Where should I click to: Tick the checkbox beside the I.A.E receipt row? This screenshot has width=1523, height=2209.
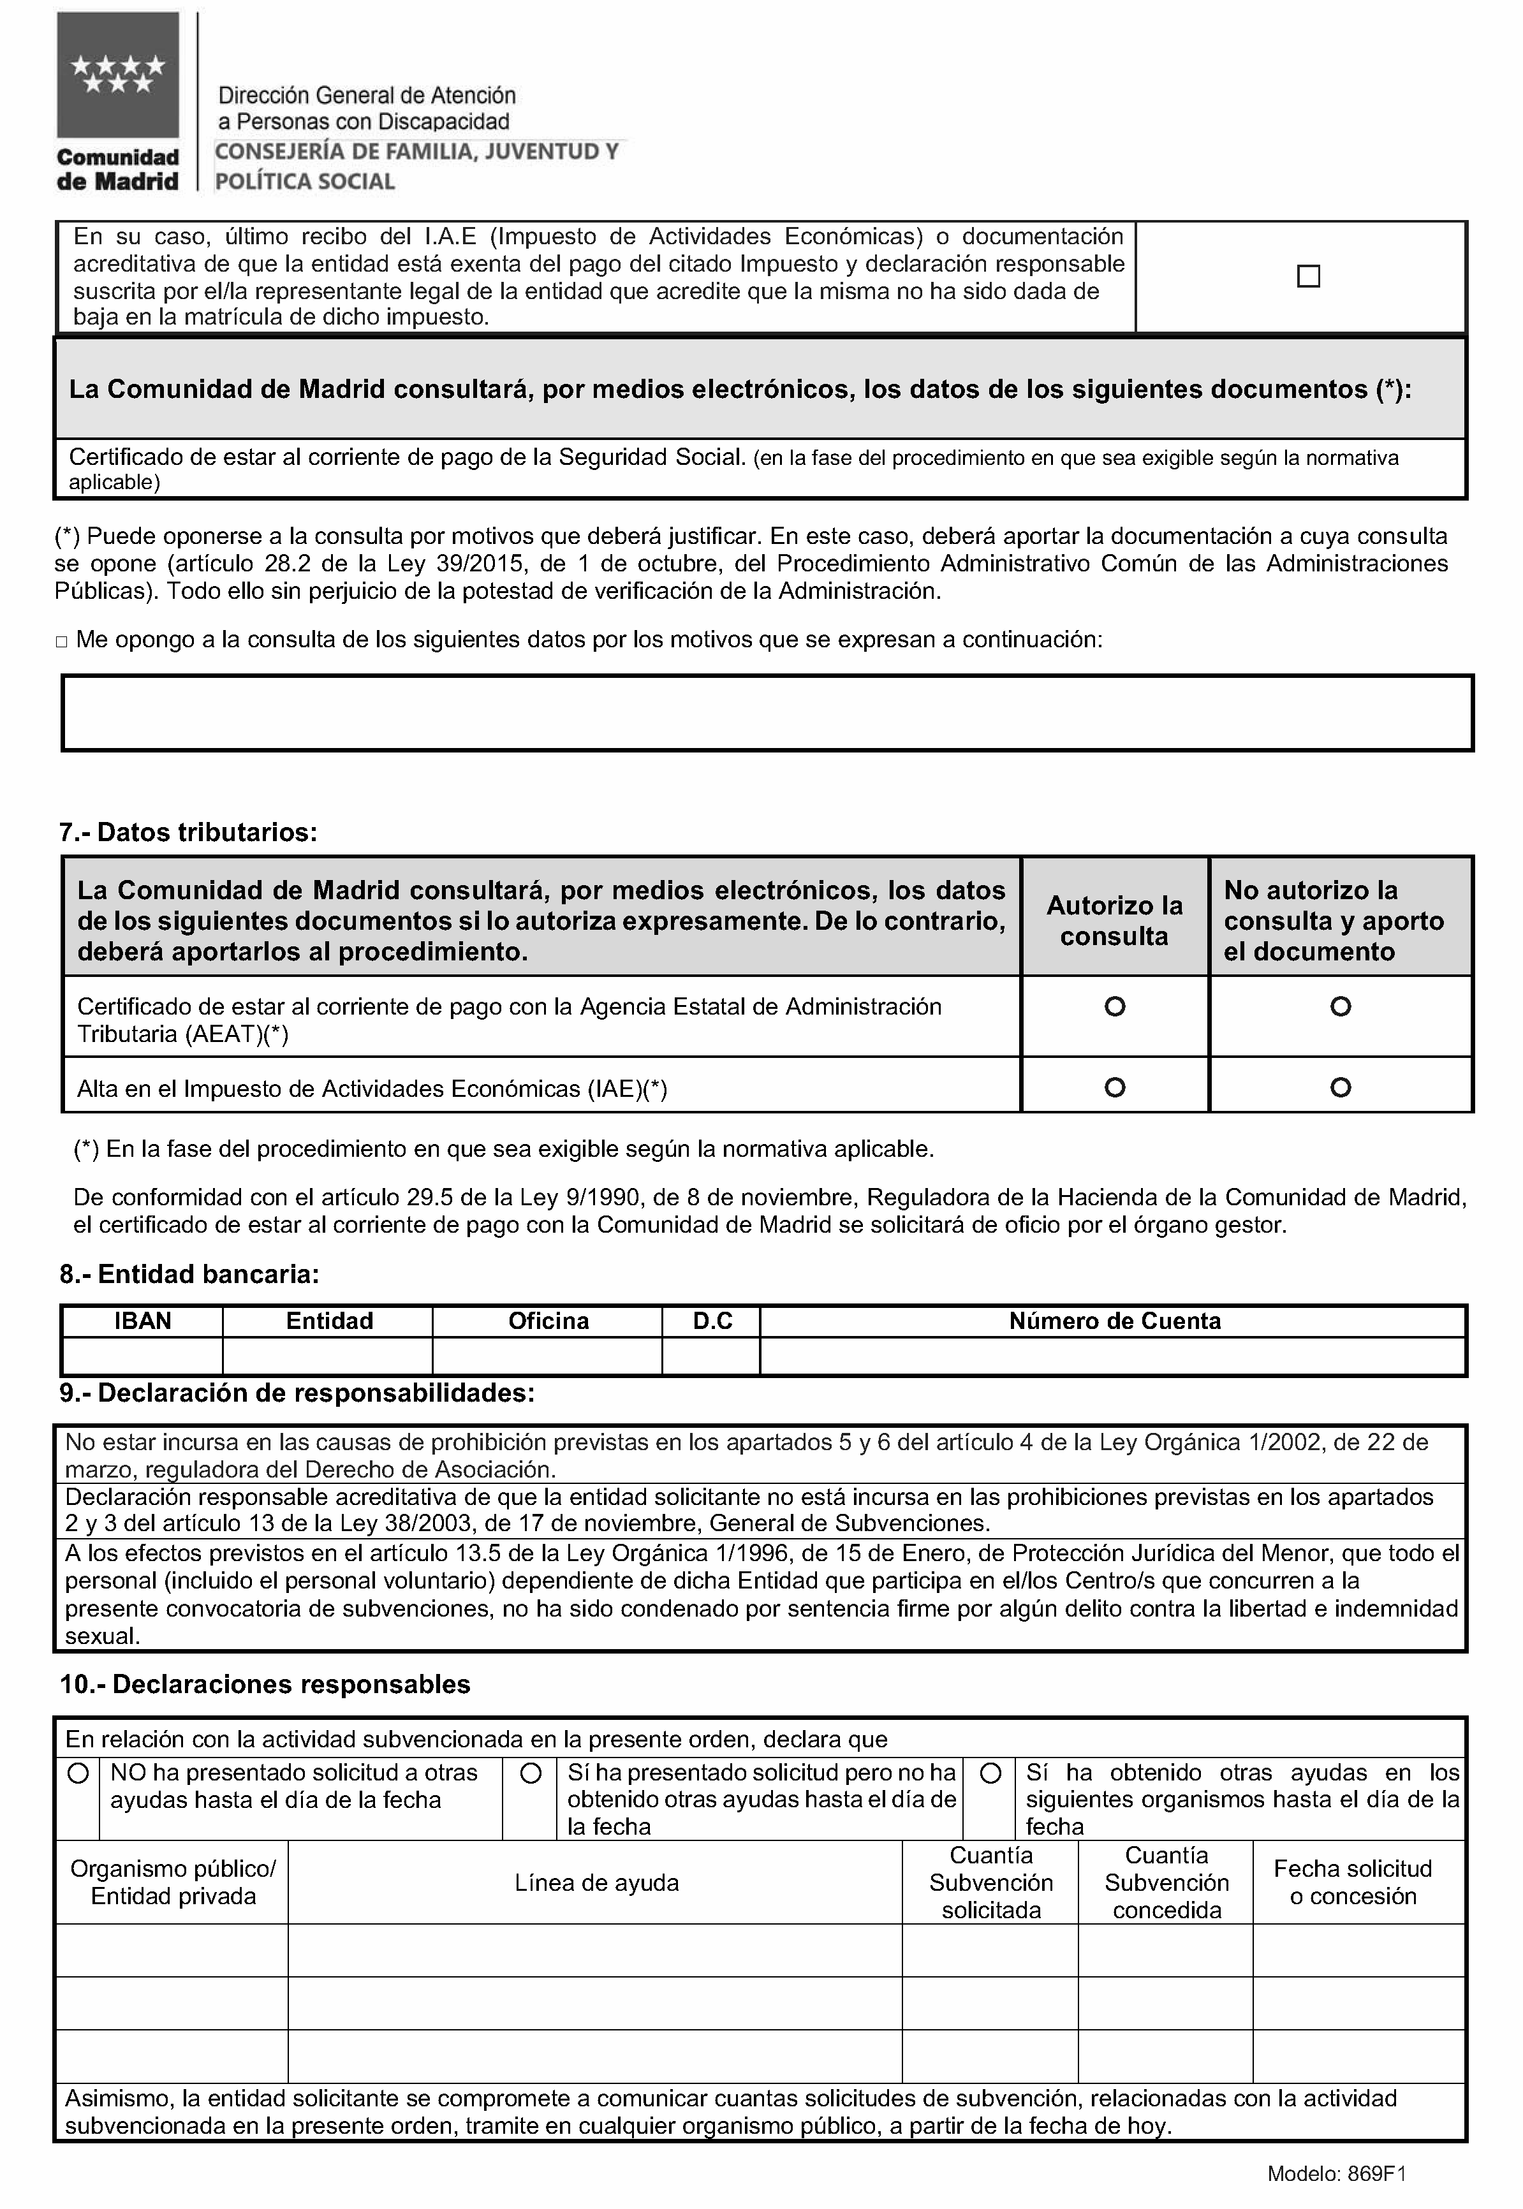coord(1308,277)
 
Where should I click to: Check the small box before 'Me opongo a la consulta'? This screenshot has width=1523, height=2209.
coord(62,642)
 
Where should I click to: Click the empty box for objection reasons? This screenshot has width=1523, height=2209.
coord(767,713)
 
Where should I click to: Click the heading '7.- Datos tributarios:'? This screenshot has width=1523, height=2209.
coord(188,832)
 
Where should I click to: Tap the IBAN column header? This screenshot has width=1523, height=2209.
coord(143,1321)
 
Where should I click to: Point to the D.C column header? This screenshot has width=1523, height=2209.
coord(712,1321)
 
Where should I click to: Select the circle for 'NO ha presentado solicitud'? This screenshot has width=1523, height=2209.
coord(78,1773)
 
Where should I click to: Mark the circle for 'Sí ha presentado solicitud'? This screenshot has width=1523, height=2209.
coord(531,1773)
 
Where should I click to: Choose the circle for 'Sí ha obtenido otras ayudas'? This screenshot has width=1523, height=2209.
coord(990,1773)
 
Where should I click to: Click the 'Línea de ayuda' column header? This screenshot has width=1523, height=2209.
coord(596,1882)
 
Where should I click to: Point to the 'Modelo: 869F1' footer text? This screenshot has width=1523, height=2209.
coord(1336,2175)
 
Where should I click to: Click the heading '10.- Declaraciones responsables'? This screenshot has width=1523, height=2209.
coord(265,1684)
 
